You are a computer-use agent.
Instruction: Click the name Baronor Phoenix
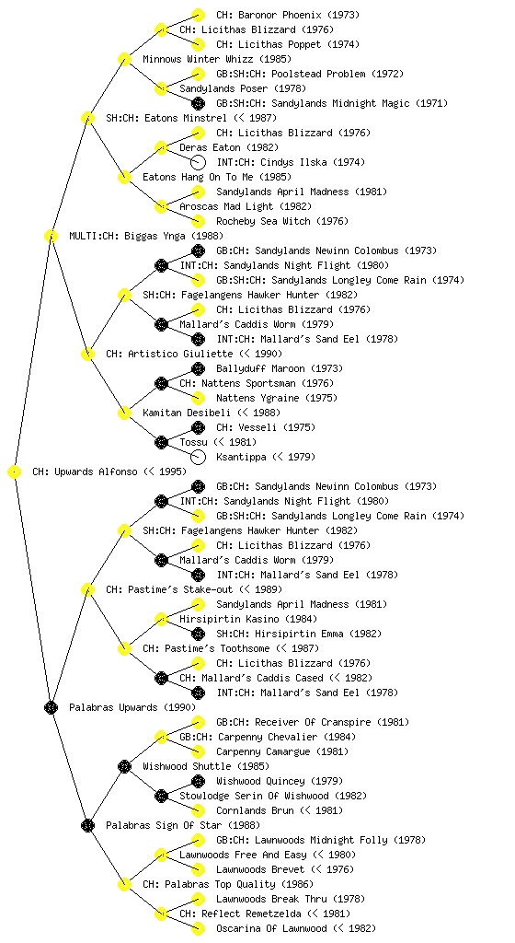(x=279, y=15)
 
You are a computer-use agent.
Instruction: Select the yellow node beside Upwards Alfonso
(x=15, y=472)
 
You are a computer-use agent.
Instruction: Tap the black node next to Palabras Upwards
(x=51, y=708)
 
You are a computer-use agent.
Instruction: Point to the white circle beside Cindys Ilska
(x=198, y=162)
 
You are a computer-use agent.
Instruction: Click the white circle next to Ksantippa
(x=198, y=457)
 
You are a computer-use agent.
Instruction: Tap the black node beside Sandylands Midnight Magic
(x=198, y=103)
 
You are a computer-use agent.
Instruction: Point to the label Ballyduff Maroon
(x=260, y=368)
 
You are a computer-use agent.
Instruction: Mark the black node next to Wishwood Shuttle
(x=124, y=767)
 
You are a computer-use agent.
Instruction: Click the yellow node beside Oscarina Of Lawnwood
(x=198, y=928)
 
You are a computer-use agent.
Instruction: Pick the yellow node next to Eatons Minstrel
(x=87, y=118)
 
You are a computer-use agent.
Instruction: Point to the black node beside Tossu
(x=161, y=443)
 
